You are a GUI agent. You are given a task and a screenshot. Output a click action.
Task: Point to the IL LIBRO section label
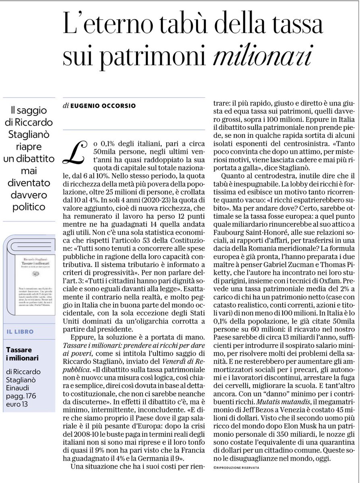(x=26, y=332)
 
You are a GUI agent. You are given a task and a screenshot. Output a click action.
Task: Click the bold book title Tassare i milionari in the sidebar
(x=23, y=354)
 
